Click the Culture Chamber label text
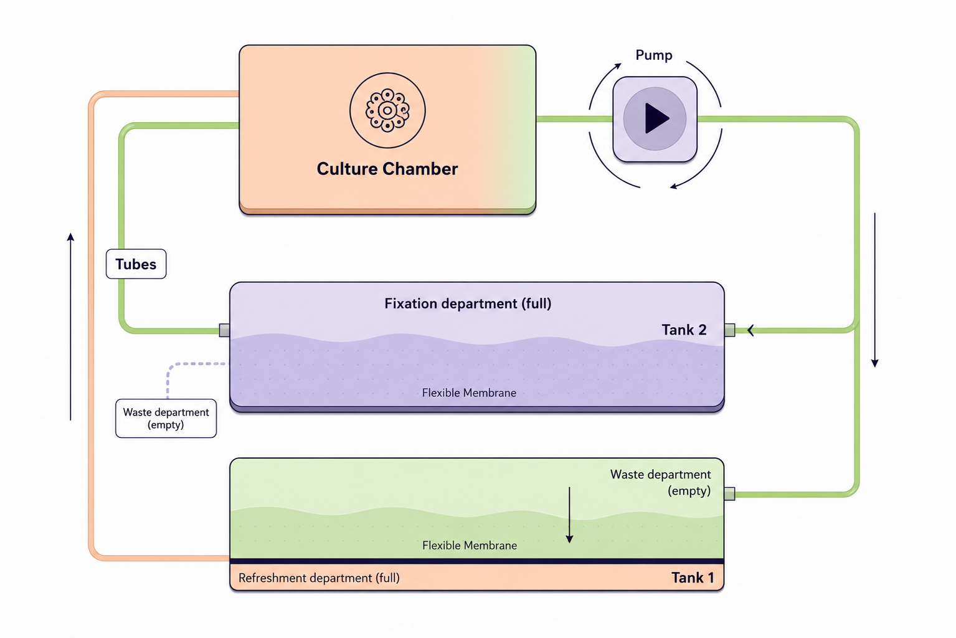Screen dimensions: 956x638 (387, 169)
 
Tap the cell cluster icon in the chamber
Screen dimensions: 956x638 (387, 111)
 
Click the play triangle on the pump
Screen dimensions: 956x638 (656, 118)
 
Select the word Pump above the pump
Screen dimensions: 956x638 (654, 55)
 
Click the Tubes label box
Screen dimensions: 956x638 (136, 264)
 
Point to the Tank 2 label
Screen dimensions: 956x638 (684, 330)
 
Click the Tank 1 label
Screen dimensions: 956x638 (693, 578)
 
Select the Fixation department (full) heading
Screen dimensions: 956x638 (468, 303)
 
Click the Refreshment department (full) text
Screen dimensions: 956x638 (319, 578)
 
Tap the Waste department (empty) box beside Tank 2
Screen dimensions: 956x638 (166, 419)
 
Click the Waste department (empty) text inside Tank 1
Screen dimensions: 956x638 (660, 483)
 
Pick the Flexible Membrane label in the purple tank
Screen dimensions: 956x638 (469, 393)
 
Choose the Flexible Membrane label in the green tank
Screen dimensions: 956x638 (470, 545)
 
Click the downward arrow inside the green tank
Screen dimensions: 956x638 (569, 515)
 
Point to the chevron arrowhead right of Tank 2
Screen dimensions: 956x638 (750, 330)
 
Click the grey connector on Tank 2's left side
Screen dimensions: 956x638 (224, 330)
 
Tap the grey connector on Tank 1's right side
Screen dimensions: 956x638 (729, 494)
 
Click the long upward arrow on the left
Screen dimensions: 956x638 (71, 326)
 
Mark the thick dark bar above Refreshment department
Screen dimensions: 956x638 (476, 561)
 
